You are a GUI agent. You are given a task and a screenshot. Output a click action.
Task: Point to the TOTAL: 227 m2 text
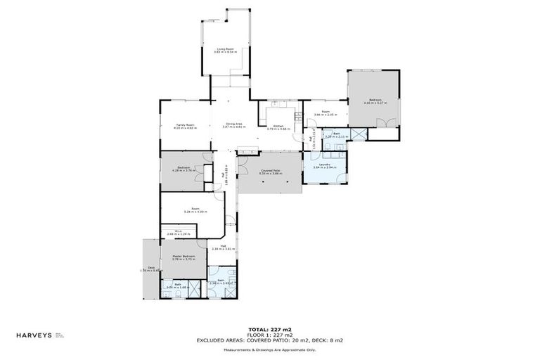point(269,329)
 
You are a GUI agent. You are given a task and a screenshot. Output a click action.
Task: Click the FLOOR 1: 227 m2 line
point(269,335)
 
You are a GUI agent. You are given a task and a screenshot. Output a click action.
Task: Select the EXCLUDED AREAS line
point(269,340)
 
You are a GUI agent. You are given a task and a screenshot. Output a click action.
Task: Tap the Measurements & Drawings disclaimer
point(269,349)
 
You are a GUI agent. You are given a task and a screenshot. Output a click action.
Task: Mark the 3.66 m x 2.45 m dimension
point(326,115)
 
